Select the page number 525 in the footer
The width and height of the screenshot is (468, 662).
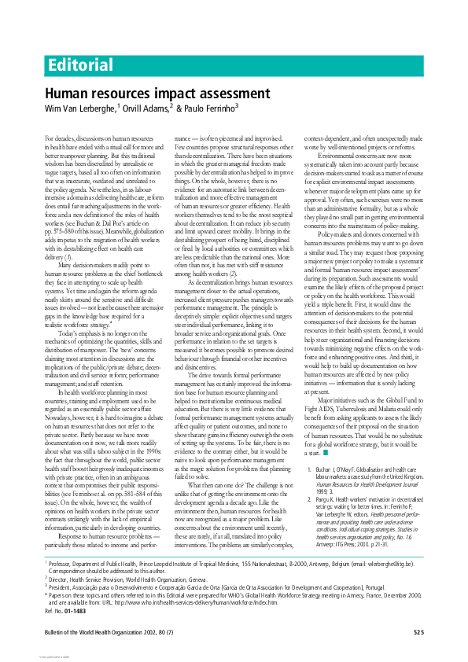pos(418,632)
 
